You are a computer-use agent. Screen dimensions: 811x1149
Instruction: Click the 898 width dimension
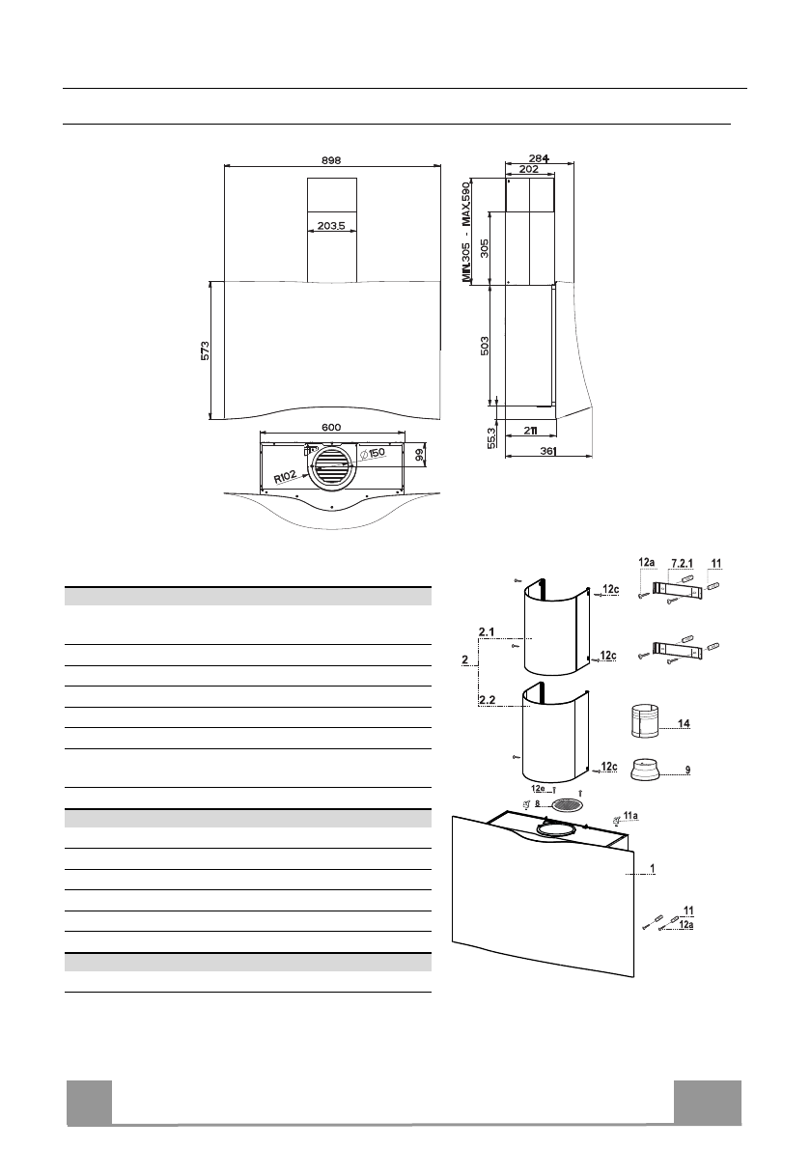coord(331,160)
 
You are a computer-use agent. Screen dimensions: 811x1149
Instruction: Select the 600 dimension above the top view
coord(331,426)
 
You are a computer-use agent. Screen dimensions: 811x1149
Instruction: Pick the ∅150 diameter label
coord(372,454)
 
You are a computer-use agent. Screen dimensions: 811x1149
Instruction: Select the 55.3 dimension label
coord(491,434)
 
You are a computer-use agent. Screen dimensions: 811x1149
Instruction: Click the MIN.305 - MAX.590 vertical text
coord(466,232)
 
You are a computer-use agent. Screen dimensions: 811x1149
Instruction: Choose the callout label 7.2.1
coord(685,562)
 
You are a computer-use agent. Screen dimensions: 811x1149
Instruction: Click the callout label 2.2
coord(488,696)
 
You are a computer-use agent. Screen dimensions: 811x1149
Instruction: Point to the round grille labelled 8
coord(569,804)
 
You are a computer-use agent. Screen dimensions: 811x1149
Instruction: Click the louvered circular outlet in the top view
coord(330,469)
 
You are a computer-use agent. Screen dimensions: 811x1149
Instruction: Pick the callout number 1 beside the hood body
coord(654,868)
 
